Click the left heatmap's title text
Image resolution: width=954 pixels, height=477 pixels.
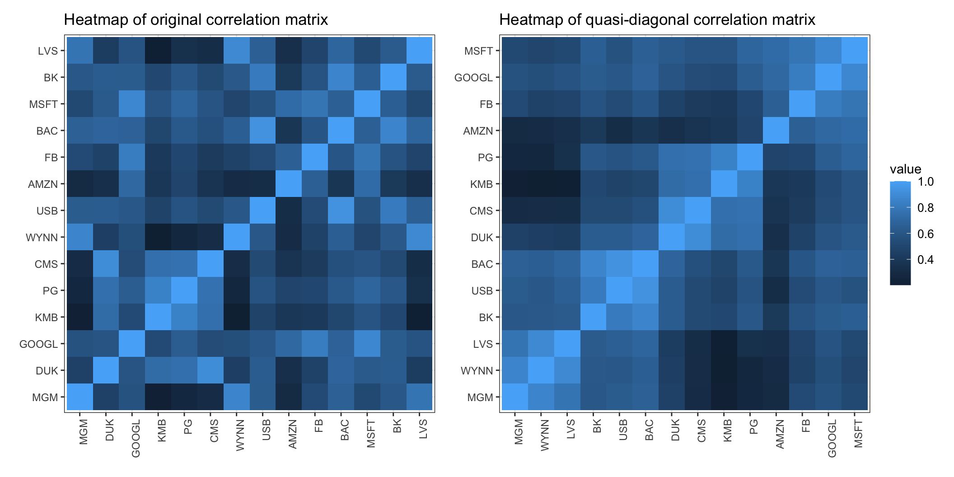click(196, 20)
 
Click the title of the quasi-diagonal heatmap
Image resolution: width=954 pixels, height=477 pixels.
click(657, 20)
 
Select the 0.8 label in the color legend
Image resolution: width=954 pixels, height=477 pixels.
click(926, 208)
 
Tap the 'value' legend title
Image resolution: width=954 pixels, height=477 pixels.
click(905, 169)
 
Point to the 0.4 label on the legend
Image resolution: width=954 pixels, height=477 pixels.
click(926, 260)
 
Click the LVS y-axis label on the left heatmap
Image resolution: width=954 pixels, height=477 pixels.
click(48, 51)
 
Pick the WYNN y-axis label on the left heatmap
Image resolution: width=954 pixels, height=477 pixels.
click(42, 238)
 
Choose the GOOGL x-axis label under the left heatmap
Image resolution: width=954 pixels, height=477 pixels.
click(136, 438)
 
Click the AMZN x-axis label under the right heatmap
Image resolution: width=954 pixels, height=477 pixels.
click(780, 434)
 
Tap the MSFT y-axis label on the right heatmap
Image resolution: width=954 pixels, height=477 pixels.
click(478, 51)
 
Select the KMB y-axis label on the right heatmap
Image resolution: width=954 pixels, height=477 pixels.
click(481, 184)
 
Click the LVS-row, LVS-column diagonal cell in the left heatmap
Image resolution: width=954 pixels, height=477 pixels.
click(420, 51)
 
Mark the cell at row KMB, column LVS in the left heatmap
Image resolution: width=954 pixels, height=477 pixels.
click(420, 317)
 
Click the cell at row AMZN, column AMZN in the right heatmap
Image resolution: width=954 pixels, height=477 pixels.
click(776, 131)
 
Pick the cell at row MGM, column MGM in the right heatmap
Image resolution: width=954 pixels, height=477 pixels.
click(514, 397)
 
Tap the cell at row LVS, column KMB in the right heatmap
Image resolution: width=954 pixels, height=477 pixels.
click(724, 344)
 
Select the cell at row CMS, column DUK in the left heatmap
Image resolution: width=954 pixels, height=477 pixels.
click(106, 264)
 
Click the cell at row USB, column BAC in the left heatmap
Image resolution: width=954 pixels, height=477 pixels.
click(341, 210)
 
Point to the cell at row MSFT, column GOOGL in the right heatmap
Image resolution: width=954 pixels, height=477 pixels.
click(828, 51)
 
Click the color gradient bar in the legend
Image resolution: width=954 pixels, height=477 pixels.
click(900, 233)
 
